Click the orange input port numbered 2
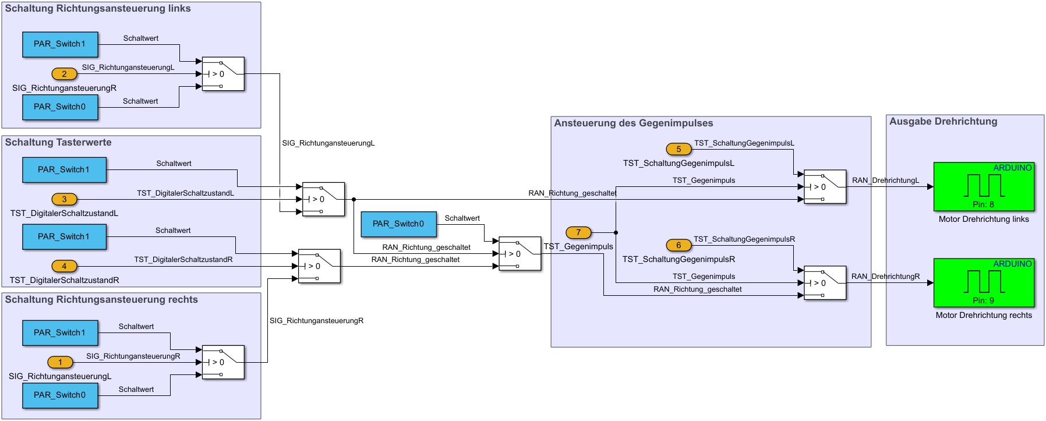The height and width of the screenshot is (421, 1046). tap(64, 74)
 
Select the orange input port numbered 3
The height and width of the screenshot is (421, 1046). tap(64, 199)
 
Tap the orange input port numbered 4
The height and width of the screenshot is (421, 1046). tap(64, 266)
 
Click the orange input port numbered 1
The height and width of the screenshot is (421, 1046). tap(60, 362)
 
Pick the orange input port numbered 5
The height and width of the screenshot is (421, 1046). tap(679, 149)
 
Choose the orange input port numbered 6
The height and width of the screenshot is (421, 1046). tap(679, 245)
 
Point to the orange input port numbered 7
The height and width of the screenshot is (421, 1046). tap(578, 232)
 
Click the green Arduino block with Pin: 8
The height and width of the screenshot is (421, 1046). tap(984, 186)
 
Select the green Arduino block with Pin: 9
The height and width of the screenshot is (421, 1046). tap(984, 282)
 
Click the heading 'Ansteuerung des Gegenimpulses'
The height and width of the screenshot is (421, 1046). tap(634, 123)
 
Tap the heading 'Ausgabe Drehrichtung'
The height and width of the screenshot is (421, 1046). tap(943, 122)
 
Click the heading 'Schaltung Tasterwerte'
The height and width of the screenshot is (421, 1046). tap(58, 143)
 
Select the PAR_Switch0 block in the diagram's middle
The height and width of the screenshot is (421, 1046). tap(398, 224)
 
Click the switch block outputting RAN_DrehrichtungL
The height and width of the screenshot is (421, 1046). tap(825, 187)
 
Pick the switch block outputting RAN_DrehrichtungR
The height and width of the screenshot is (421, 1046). tap(825, 283)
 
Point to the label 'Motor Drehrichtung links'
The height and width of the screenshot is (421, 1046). tap(984, 220)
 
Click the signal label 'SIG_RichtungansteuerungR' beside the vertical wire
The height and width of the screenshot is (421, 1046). tap(316, 321)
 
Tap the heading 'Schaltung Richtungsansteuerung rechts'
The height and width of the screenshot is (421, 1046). tap(101, 300)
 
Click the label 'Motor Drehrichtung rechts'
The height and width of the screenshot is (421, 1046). tap(984, 316)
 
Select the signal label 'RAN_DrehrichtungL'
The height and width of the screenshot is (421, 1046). tap(885, 181)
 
